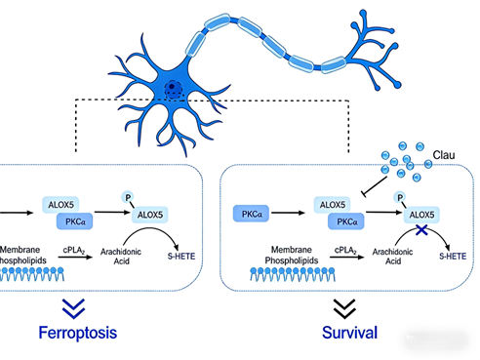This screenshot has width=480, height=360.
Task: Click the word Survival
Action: click(x=348, y=332)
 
